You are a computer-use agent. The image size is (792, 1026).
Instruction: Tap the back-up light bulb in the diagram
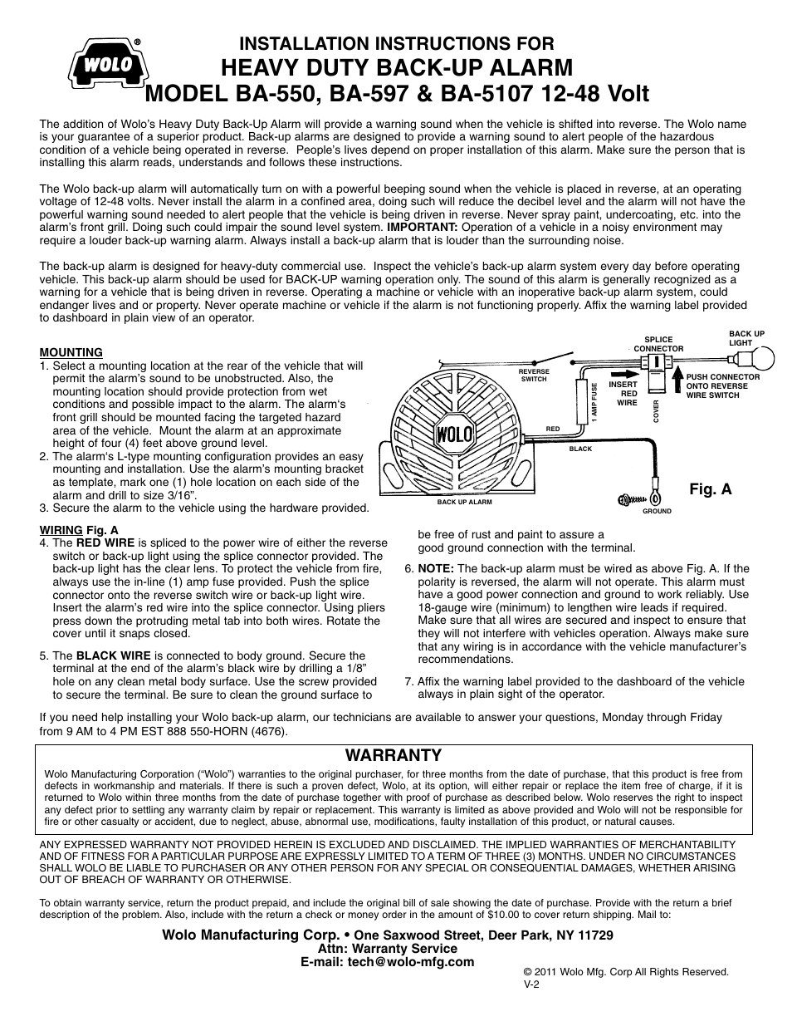pyautogui.click(x=760, y=359)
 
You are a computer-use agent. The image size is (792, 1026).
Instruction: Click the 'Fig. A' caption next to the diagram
pyautogui.click(x=711, y=489)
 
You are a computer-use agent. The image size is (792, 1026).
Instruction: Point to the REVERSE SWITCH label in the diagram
pyautogui.click(x=534, y=375)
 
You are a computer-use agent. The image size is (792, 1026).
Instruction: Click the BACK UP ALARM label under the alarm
pyautogui.click(x=464, y=502)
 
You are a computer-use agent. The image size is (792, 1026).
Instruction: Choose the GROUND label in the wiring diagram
pyautogui.click(x=657, y=511)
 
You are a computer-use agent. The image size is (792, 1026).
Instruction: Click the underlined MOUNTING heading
pyautogui.click(x=71, y=352)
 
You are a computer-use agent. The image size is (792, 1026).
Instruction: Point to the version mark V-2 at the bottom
pyautogui.click(x=532, y=983)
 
